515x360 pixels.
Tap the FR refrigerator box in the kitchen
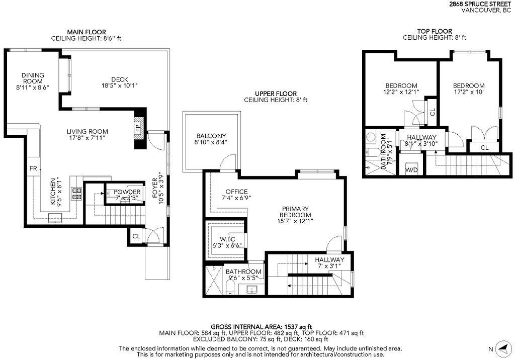33,168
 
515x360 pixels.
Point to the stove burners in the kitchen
77,194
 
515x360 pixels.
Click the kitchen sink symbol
55,217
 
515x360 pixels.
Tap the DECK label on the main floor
120,79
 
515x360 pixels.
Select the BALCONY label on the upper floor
211,136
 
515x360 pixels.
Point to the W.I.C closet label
227,239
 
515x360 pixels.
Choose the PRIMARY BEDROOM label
295,212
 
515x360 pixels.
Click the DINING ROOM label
33,78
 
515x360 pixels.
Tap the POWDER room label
127,192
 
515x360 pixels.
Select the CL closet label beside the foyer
136,236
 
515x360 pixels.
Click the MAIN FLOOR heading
87,32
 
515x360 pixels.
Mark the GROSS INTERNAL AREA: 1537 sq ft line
261,327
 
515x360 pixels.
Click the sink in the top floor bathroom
372,136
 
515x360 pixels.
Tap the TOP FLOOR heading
435,32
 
